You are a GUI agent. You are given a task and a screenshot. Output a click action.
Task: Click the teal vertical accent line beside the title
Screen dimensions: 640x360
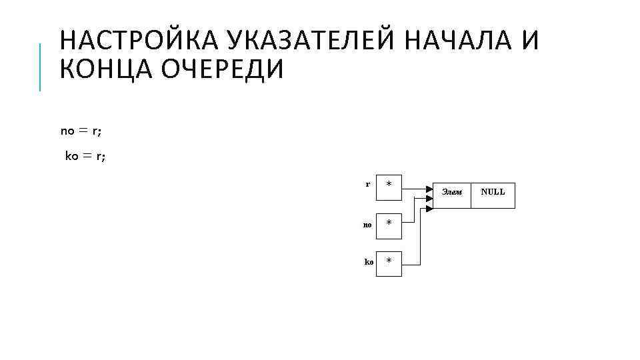(x=40, y=67)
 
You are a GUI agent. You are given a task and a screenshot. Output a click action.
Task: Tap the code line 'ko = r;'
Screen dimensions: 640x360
(x=85, y=157)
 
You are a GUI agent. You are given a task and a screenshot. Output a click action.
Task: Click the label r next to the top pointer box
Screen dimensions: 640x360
(x=368, y=183)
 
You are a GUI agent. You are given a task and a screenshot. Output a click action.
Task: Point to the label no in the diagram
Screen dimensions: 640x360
(x=367, y=225)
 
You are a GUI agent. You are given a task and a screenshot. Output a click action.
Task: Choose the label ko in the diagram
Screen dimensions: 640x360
(x=369, y=262)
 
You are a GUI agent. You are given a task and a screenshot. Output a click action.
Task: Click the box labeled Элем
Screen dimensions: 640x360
(x=452, y=194)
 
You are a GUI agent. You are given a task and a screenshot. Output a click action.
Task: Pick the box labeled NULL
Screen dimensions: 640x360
(x=493, y=194)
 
